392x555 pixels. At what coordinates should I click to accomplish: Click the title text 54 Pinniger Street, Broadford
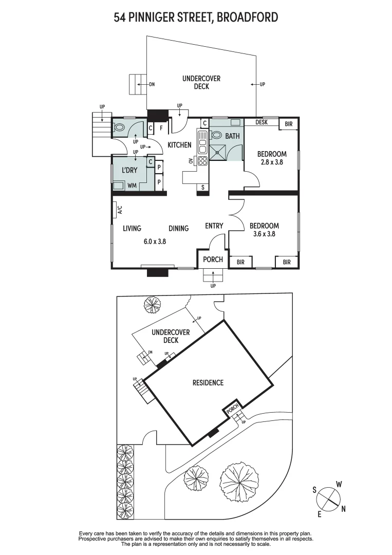[x=196, y=17]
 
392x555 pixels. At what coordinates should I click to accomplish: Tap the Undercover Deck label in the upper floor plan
[x=201, y=83]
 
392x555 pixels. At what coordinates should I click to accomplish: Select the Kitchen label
[x=179, y=145]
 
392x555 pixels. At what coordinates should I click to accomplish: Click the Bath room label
[x=232, y=136]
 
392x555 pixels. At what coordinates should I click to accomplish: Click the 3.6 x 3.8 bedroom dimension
[x=264, y=234]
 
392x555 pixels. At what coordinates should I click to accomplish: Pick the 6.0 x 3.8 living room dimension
[x=154, y=240]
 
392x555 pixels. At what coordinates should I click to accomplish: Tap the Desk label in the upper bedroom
[x=262, y=122]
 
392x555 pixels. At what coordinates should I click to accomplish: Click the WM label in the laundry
[x=131, y=185]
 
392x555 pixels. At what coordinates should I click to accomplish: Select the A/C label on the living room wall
[x=120, y=210]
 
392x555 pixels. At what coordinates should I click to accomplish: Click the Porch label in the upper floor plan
[x=213, y=260]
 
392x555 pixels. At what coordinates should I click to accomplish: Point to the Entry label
[x=214, y=226]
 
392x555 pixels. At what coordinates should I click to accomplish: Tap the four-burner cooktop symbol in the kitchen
[x=202, y=160]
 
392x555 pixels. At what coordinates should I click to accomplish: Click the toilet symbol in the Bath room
[x=216, y=136]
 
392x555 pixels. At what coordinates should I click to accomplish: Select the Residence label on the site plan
[x=208, y=382]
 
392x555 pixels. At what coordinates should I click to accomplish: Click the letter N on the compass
[x=343, y=509]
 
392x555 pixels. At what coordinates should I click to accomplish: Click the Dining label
[x=178, y=229]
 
